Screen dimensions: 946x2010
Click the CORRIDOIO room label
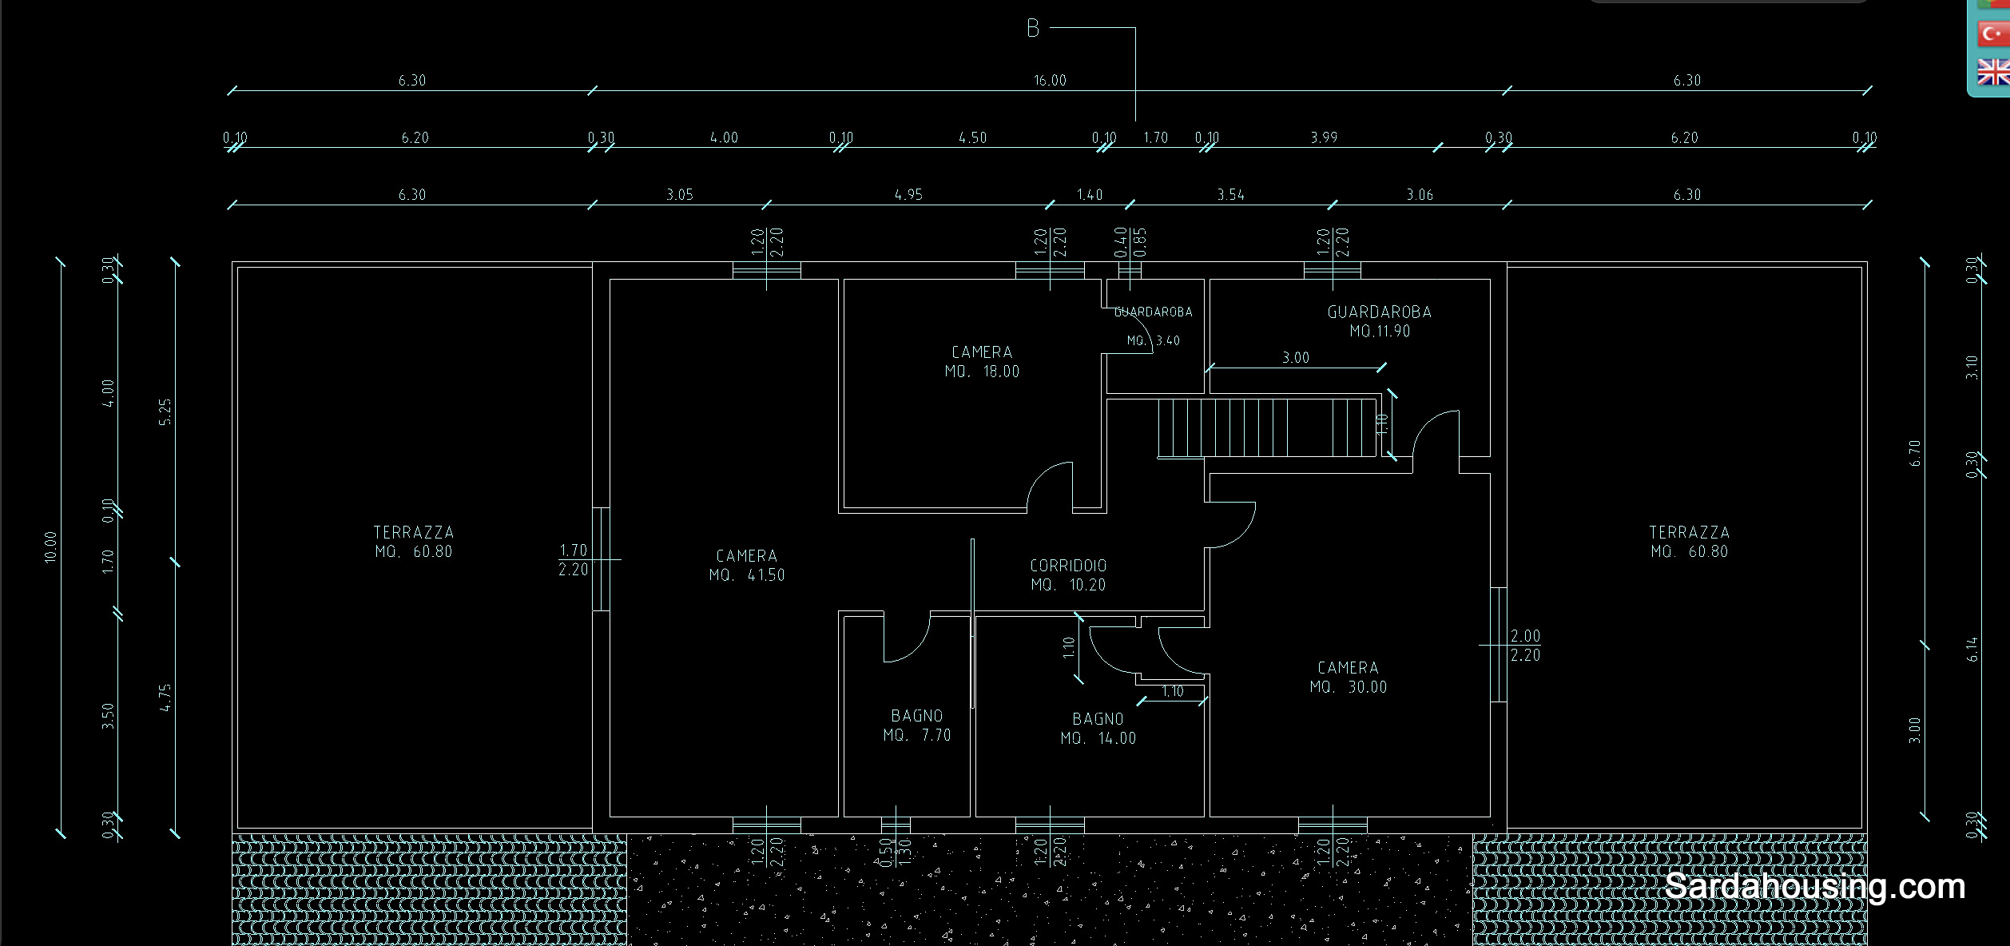1068,574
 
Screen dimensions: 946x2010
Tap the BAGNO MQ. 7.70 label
917,725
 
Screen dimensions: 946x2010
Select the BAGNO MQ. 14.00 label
1098,729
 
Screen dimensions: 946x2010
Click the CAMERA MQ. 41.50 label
747,565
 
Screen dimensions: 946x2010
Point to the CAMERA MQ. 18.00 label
982,361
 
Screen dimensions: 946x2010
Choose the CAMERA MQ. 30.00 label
1348,677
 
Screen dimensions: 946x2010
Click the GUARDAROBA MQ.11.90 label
1379,321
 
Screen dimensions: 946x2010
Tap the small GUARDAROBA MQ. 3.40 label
1154,325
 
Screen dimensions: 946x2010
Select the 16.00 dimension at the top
1050,81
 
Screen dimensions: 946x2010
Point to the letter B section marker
1033,29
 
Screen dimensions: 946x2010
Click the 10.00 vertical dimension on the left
51,547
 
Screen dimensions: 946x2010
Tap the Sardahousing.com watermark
1814,887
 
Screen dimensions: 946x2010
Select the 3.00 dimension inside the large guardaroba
1296,358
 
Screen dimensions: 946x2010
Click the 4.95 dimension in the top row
908,195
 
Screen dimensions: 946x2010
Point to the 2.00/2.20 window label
1525,646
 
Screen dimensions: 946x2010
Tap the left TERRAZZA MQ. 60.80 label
414,542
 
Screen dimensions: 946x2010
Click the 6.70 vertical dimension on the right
1914,453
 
